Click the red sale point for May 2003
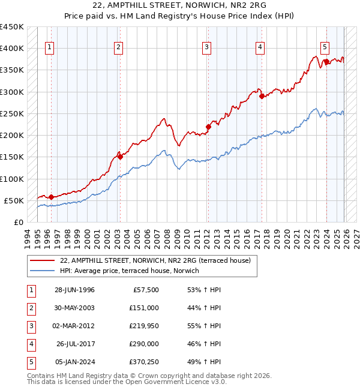[x=120, y=157]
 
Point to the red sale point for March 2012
[x=208, y=127]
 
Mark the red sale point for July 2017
[x=262, y=96]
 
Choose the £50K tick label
[x=14, y=200]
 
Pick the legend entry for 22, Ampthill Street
[x=159, y=260]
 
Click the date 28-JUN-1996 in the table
[x=74, y=290]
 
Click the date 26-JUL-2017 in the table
[x=76, y=344]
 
